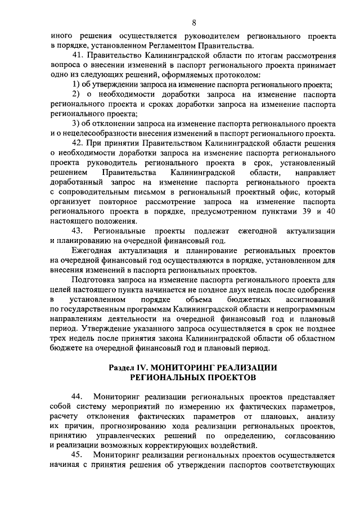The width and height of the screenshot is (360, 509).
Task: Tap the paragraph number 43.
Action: [x=79, y=231]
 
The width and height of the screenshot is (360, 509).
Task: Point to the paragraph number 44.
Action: [x=79, y=397]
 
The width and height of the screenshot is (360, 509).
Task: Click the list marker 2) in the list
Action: [x=78, y=94]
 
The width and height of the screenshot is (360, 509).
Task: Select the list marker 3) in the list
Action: [x=78, y=124]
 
